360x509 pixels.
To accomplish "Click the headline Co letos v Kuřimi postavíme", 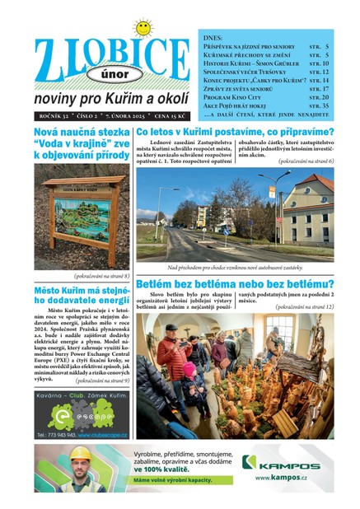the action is (235, 132).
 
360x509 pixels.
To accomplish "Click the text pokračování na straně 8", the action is (101, 276).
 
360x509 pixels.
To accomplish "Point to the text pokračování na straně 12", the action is (304, 306).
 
